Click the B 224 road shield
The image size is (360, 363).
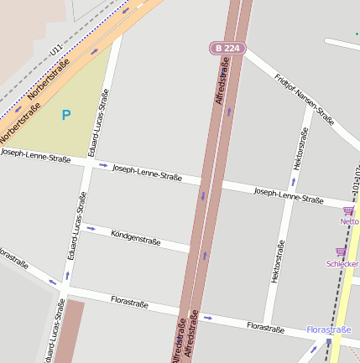(227, 48)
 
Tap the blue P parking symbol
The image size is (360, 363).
(66, 114)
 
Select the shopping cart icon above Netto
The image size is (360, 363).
(348, 210)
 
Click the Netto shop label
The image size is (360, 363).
(349, 221)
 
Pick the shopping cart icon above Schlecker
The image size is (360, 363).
(341, 252)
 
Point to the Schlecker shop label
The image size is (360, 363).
(342, 263)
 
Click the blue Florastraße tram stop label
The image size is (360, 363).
(328, 330)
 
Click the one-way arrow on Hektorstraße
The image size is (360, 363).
(294, 181)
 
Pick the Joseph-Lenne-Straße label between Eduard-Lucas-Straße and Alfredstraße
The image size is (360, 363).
(147, 172)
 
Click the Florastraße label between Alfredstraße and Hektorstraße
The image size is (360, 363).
(265, 326)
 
